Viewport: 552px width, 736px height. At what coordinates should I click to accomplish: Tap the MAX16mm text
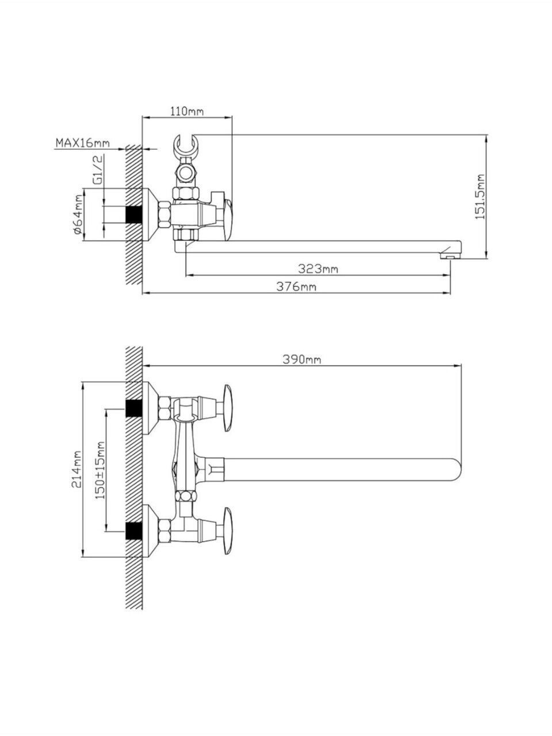[82, 143]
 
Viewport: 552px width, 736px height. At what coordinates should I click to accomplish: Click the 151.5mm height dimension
[481, 197]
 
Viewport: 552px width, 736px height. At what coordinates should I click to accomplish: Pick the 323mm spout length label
[318, 269]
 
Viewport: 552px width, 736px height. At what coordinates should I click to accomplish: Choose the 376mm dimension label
[296, 287]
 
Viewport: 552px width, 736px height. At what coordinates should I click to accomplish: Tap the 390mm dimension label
[301, 359]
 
